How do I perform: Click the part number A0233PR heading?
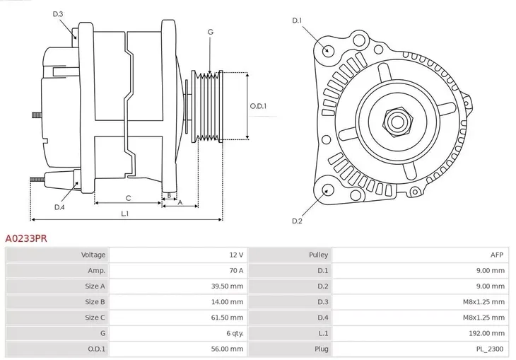[26, 239]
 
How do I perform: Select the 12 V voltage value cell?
[235, 255]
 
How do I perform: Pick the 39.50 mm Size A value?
[228, 286]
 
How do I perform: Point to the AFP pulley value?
[498, 255]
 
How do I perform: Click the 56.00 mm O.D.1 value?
[228, 348]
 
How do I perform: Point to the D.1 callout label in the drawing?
[297, 21]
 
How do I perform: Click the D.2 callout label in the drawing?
[297, 221]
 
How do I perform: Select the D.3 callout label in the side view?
[58, 14]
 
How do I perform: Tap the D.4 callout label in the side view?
[59, 207]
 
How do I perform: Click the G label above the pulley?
[211, 32]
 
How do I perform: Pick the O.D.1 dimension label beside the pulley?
[259, 106]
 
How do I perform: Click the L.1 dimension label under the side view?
[124, 213]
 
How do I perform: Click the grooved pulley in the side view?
[209, 106]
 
